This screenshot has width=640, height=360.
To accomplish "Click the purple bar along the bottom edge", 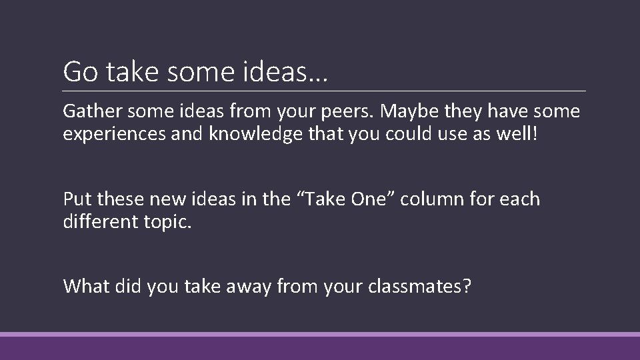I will [x=320, y=347].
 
